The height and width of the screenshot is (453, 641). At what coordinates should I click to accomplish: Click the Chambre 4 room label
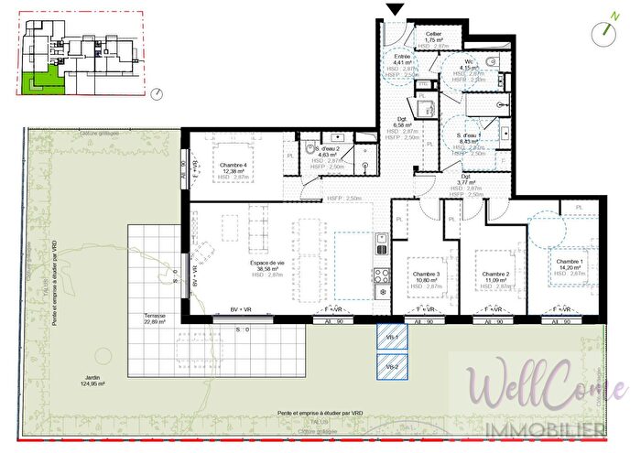point(234,165)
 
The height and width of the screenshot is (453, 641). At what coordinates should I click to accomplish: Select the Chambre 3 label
point(426,274)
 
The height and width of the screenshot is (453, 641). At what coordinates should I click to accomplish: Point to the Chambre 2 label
point(495,274)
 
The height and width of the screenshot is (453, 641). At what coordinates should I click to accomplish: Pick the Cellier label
point(434,34)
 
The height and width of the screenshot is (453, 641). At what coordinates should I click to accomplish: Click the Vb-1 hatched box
point(390,338)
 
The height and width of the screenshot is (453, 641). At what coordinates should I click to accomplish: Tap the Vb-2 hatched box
point(390,367)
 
